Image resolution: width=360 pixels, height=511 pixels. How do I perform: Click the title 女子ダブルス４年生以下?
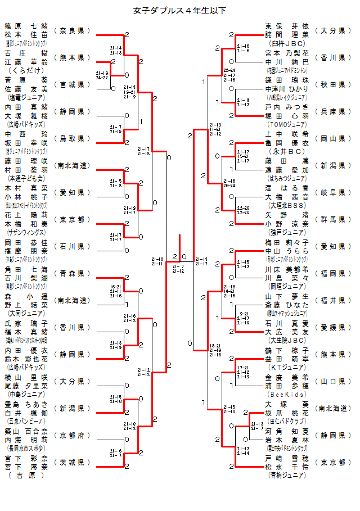[x=180, y=11]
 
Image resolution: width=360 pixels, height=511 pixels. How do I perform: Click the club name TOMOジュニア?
[x=287, y=124]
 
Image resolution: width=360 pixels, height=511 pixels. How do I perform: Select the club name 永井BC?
[x=287, y=151]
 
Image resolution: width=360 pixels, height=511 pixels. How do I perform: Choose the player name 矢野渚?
[x=287, y=215]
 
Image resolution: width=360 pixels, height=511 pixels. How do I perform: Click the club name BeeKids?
[x=287, y=394]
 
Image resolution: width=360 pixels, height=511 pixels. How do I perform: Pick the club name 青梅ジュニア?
[x=287, y=475]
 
